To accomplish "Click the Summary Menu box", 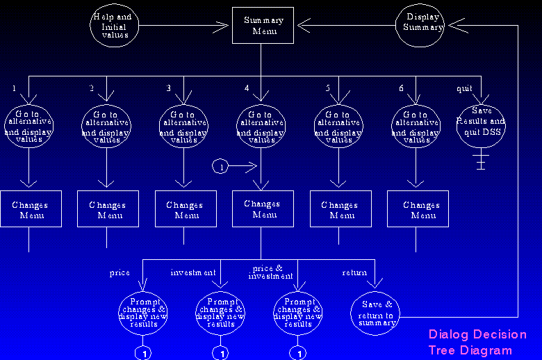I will [x=261, y=26].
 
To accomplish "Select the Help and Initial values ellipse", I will [x=113, y=27].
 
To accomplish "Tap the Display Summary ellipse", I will [x=422, y=23].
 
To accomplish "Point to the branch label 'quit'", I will [x=463, y=88].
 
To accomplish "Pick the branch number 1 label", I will [x=14, y=88].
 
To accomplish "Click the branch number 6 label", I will [x=401, y=88].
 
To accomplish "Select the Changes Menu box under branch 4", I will [x=261, y=209].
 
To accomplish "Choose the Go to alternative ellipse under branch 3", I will [x=183, y=126].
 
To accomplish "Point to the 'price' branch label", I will [x=120, y=273].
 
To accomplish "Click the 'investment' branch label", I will [x=193, y=273].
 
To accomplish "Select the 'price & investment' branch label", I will [x=267, y=272].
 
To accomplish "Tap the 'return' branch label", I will [x=354, y=273].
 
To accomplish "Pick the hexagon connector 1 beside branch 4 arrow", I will [x=220, y=167].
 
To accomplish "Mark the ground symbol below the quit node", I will [x=479, y=163].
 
